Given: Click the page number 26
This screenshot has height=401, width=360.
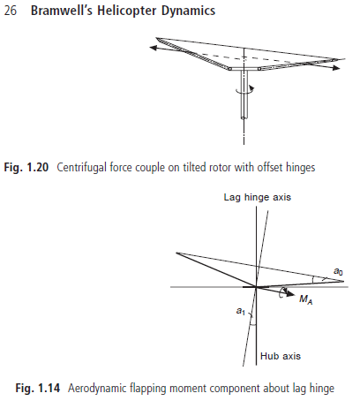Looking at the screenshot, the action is point(11,11).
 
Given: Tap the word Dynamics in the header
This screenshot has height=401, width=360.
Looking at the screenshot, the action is point(188,11).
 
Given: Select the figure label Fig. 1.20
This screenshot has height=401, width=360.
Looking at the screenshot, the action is point(26,167).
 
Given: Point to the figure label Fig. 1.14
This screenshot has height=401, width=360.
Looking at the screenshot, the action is point(38,388).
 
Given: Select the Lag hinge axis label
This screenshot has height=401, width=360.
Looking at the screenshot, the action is point(258,197).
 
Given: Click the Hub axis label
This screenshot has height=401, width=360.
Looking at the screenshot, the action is point(281,356).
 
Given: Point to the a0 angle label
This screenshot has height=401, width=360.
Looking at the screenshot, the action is point(338,271).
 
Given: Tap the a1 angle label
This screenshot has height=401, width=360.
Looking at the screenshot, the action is point(241,311).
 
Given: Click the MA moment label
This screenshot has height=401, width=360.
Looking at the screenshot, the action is point(306,299).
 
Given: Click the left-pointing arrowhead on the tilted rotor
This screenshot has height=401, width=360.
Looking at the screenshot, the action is point(154,48).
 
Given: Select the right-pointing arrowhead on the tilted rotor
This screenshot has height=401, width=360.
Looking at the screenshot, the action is point(336,68).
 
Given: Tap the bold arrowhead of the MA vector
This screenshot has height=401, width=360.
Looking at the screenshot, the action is point(290,293).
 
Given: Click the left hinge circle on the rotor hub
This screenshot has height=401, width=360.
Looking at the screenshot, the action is point(230,69).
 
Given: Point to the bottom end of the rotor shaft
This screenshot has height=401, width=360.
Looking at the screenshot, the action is point(244,117).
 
